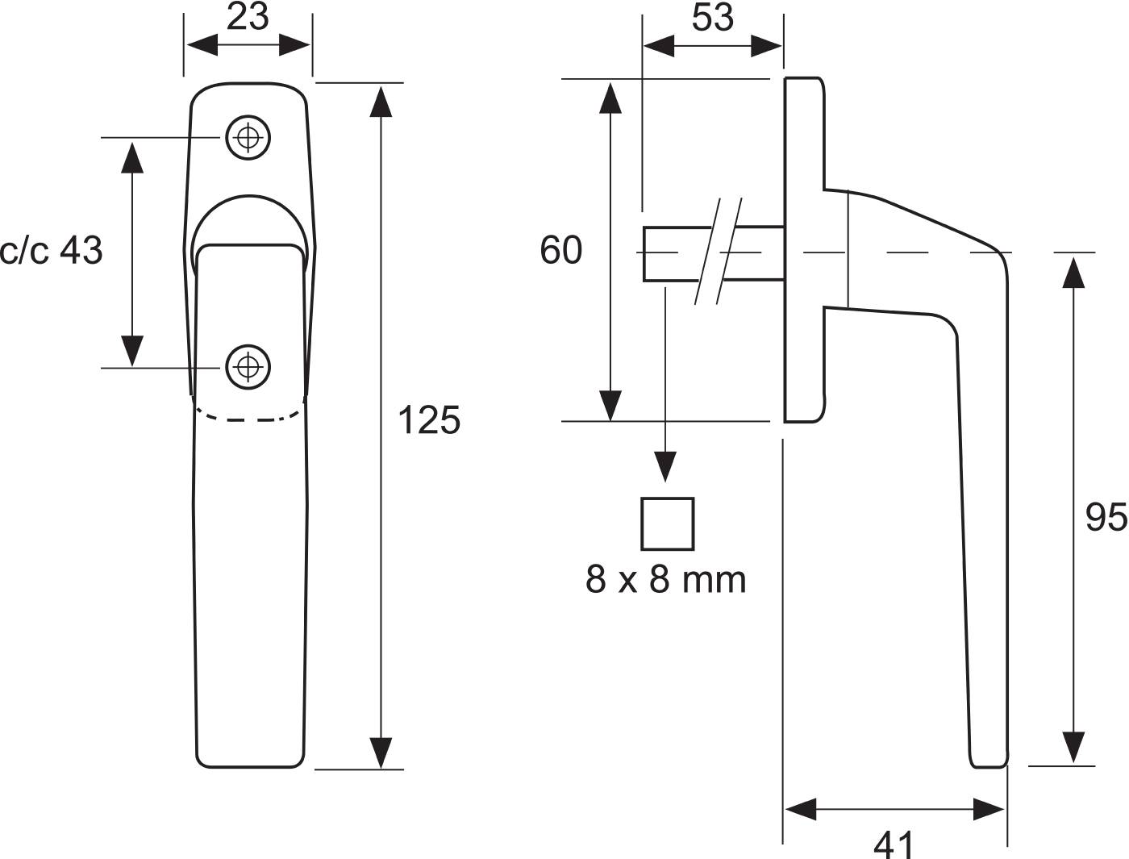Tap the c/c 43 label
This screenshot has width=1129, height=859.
52,251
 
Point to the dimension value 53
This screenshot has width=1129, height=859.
712,18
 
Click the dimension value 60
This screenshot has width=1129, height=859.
560,250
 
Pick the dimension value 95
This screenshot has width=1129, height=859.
1106,518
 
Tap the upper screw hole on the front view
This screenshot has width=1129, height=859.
248,137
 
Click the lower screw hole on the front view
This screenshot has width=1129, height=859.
248,367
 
